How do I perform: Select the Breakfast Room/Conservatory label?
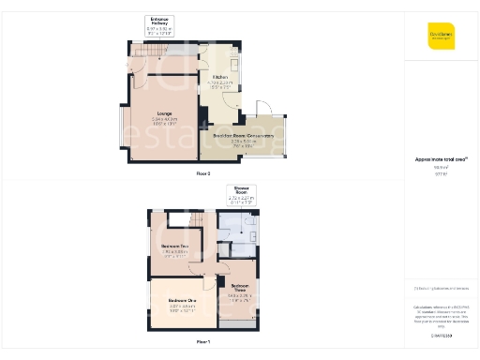pyautogui.click(x=242, y=138)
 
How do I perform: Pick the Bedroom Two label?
pyautogui.click(x=175, y=249)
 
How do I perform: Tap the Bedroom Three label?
pyautogui.click(x=239, y=290)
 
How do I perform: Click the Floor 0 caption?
pyautogui.click(x=203, y=174)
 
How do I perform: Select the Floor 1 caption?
pyautogui.click(x=203, y=343)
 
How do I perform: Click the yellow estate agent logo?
pyautogui.click(x=441, y=37)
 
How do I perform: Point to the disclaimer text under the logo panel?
pyautogui.click(x=441, y=314)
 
